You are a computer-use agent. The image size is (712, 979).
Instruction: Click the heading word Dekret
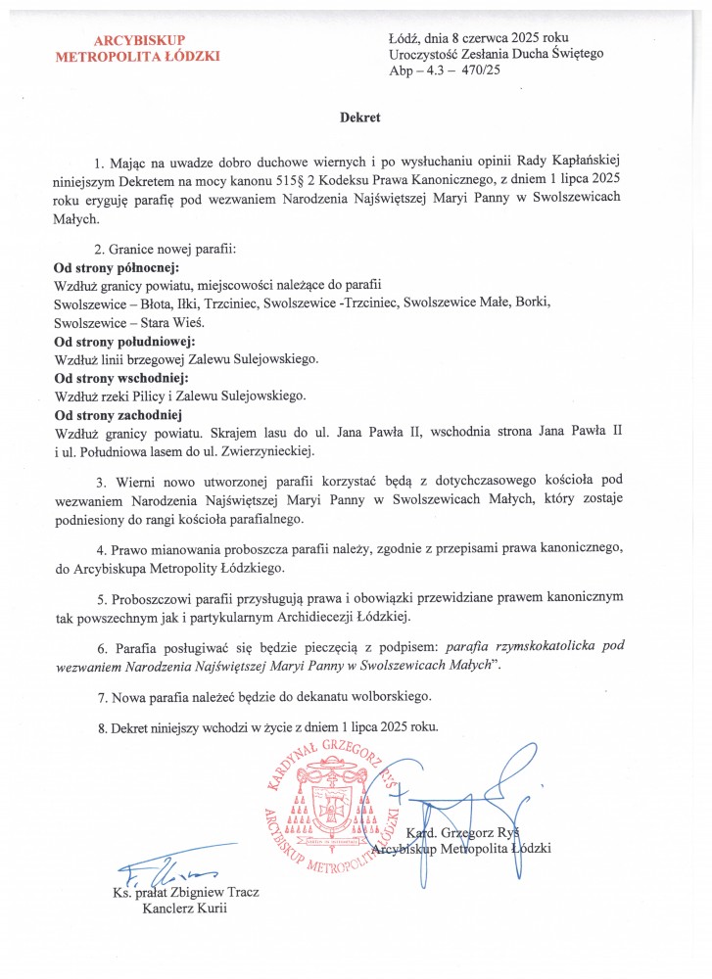coord(359,117)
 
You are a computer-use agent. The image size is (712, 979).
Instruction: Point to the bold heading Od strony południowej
coord(124,341)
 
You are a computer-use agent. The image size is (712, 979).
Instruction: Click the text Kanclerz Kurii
coord(185,909)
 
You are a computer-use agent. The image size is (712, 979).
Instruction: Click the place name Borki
coord(535,303)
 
